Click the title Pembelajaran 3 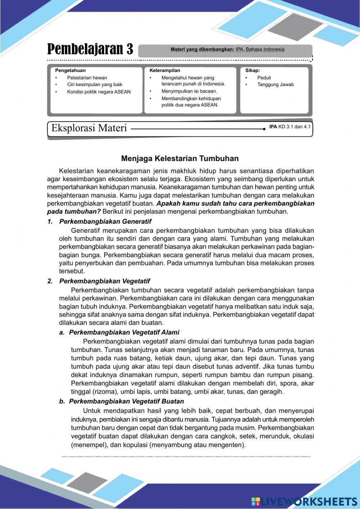[90, 49]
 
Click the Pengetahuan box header [70, 71]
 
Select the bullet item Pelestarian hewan [87, 78]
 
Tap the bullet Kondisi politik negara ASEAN [99, 92]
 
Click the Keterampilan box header [165, 71]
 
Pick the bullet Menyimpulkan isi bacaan [189, 91]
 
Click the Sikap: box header [252, 71]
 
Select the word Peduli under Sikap [264, 78]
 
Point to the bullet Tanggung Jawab [275, 85]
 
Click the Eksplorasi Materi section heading [89, 128]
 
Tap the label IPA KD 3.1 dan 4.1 [290, 127]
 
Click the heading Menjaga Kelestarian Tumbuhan [180, 158]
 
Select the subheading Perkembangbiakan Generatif [105, 222]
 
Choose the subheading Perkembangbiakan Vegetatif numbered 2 [104, 281]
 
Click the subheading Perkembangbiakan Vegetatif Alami [124, 332]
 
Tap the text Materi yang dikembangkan [202, 50]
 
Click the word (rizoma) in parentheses [105, 392]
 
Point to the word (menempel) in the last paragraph [88, 445]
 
